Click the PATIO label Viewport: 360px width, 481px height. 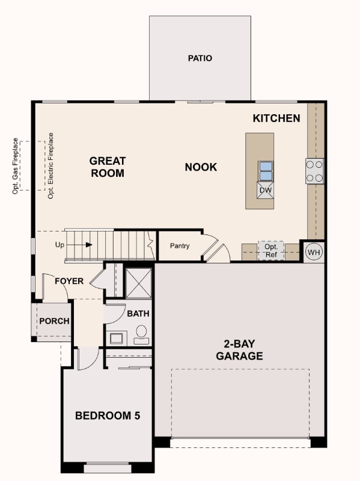200,58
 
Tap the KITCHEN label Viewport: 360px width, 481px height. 276,118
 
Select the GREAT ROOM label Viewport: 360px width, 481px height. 108,167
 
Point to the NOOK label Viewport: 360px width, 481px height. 201,167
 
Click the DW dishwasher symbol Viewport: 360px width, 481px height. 266,191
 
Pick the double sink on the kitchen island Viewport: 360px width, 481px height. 266,171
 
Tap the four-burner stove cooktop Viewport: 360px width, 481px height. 314,170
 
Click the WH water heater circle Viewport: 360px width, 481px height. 314,252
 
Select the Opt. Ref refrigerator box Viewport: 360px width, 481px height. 271,251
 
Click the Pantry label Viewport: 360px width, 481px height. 180,246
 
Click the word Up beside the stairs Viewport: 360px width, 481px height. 59,245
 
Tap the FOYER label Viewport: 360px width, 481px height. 69,281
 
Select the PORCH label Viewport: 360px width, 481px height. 54,321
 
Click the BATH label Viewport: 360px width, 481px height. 138,313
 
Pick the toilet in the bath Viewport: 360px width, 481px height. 142,334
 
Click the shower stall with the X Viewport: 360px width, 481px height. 138,282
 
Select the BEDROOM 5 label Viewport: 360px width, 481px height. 108,415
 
